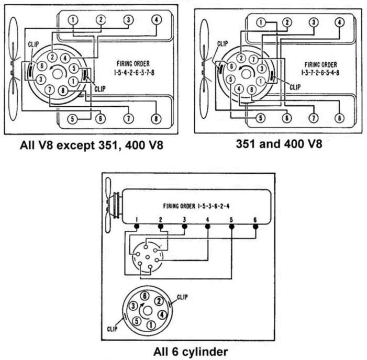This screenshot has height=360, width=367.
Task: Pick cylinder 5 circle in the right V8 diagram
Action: coord(260,119)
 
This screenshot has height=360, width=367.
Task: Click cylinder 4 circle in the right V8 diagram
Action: coord(339,22)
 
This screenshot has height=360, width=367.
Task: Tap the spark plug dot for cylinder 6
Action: coord(255,227)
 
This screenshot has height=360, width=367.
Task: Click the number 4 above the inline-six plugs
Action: coord(208,219)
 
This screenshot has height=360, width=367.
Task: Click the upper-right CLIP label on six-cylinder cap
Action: coord(182,297)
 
